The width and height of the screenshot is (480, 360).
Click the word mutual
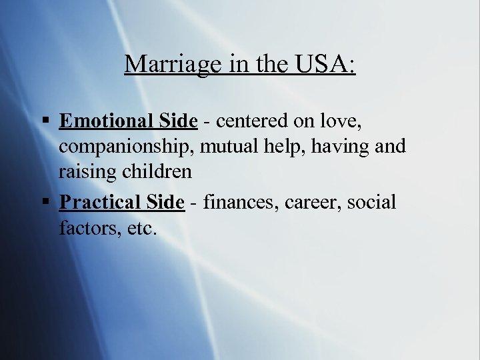tap(231, 146)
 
